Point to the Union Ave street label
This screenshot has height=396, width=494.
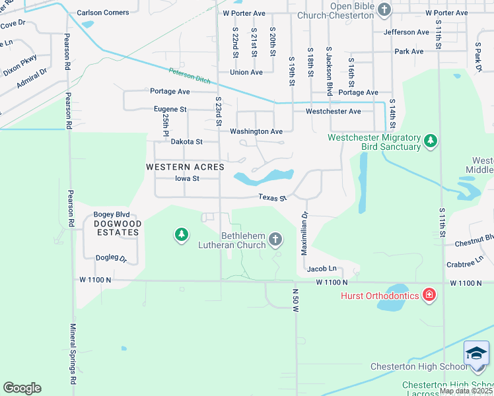click(x=246, y=72)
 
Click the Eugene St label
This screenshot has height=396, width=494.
click(x=170, y=109)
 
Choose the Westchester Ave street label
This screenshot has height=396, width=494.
click(x=333, y=112)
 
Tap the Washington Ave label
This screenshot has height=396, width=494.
click(x=256, y=131)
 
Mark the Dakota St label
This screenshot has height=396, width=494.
click(x=186, y=141)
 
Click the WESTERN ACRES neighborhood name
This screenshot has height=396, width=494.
click(x=186, y=168)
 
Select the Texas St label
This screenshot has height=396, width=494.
click(x=272, y=197)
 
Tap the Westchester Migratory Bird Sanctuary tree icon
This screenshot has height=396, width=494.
click(x=431, y=141)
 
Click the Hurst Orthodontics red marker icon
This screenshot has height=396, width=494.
click(x=429, y=295)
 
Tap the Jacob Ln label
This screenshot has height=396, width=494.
click(x=322, y=269)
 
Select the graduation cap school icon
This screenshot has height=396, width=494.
click(x=476, y=354)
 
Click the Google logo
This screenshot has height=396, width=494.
click(x=22, y=388)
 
